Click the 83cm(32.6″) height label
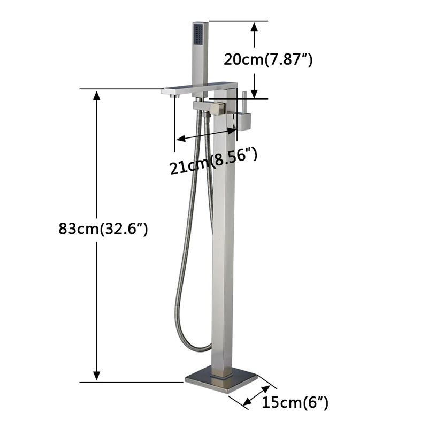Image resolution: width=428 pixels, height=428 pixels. pyautogui.click(x=103, y=228)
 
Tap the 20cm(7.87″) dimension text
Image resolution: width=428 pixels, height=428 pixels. pyautogui.click(x=268, y=59)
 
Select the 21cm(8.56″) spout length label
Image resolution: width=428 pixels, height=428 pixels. pyautogui.click(x=213, y=161)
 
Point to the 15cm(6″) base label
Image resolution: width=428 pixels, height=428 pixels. pyautogui.click(x=295, y=402)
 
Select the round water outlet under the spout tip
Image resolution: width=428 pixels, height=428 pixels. pyautogui.click(x=174, y=96)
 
